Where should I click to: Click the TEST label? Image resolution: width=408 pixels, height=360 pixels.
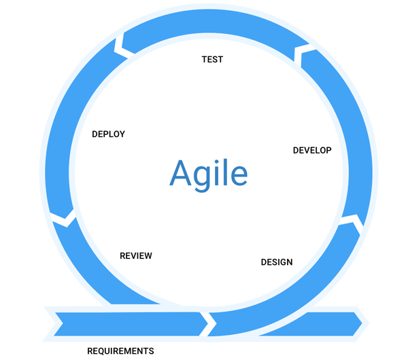pos(212,60)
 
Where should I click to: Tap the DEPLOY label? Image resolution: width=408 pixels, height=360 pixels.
pos(109,134)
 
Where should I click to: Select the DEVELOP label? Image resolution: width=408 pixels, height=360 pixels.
pos(312,150)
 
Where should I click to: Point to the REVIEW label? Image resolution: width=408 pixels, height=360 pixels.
pos(136,256)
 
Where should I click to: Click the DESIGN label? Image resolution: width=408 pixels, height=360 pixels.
pos(277,262)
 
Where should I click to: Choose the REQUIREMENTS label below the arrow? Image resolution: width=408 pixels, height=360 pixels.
pos(120,351)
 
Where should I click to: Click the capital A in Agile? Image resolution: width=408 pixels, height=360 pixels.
pos(181,173)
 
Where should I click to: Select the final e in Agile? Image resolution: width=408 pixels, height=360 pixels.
pos(239,177)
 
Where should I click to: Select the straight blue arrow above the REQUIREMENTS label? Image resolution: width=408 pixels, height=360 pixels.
pos(128,324)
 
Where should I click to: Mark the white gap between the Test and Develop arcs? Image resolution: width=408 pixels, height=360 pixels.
pos(299,54)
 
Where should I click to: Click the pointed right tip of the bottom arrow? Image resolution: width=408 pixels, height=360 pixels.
pos(362,323)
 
